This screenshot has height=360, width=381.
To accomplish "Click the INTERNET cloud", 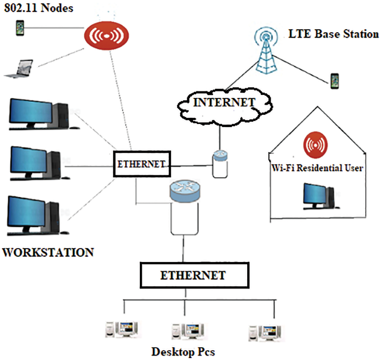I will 224,103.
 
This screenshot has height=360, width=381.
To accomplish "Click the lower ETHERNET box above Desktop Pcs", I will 193,275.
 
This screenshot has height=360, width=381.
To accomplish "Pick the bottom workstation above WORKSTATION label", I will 37,213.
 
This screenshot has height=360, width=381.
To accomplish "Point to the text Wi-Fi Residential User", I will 317,168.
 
